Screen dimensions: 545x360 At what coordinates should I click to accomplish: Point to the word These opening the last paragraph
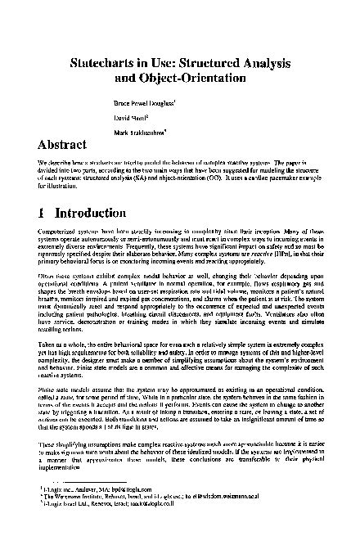tap(47, 442)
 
